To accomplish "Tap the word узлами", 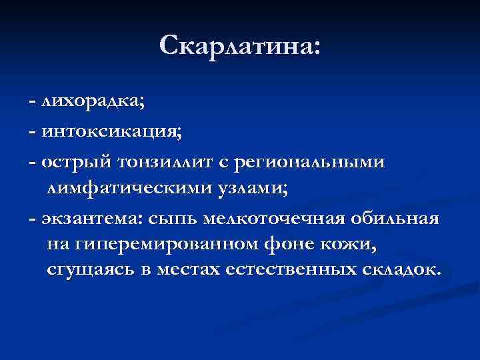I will click(x=255, y=189).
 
